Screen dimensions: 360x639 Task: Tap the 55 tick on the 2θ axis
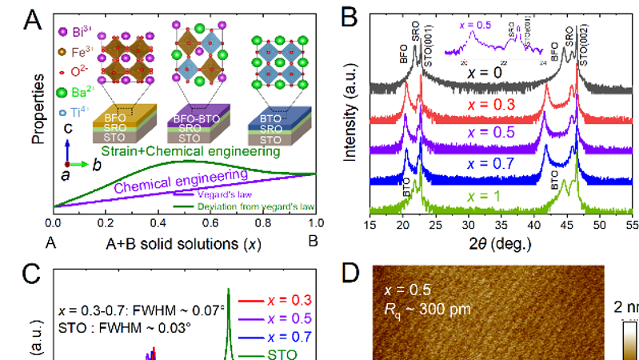point(632,225)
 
